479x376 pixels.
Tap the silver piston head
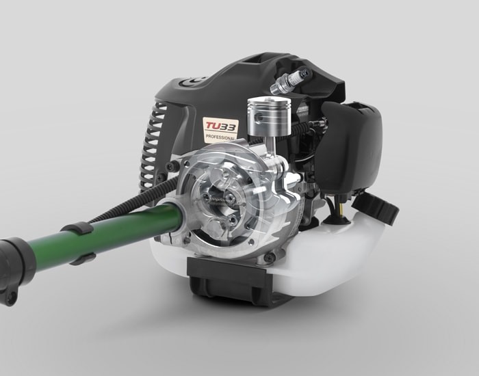click(268, 117)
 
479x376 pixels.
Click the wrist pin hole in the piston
click(259, 117)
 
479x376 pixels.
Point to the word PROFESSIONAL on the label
click(220, 137)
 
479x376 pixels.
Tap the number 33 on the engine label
click(229, 126)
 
